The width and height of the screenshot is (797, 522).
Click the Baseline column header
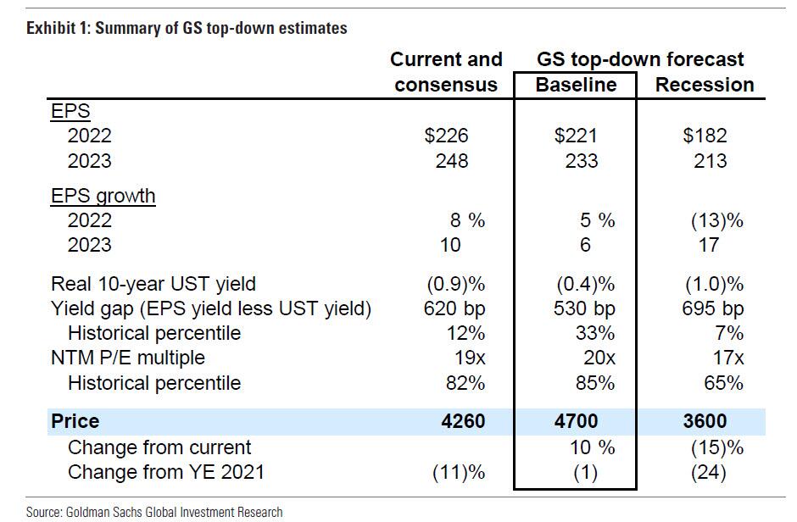click(576, 85)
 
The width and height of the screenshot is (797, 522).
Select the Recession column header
click(705, 85)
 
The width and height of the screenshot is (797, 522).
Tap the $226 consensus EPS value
click(447, 136)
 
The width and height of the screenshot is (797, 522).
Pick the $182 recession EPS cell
click(705, 136)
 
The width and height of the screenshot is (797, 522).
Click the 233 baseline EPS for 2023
click(582, 161)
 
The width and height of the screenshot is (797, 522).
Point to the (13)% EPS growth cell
click(716, 220)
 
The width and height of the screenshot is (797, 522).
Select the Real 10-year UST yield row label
click(153, 284)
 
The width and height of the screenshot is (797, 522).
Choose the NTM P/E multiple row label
click(128, 358)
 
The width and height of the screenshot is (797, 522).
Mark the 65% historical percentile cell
click(723, 383)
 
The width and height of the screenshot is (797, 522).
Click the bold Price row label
click(75, 421)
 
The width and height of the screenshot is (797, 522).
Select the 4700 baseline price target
click(576, 421)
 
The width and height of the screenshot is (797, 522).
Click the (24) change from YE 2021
click(709, 472)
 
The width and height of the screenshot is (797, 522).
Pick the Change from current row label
click(159, 447)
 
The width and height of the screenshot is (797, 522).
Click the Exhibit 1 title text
click(187, 28)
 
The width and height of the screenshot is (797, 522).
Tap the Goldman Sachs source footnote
click(154, 512)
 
